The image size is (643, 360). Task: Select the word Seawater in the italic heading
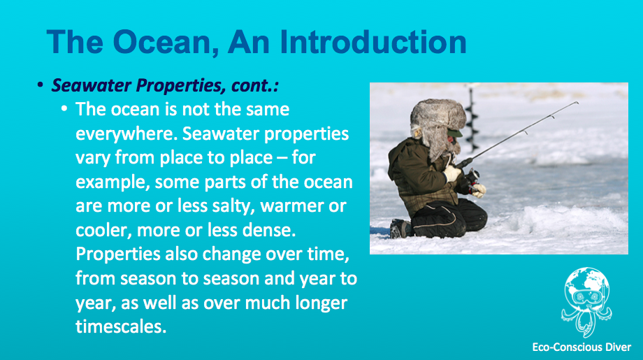tap(92, 85)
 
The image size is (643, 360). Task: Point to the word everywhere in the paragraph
tap(127, 134)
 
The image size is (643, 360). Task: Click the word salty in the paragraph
tap(233, 206)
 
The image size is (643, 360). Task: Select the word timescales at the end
tap(121, 326)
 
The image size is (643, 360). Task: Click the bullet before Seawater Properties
tap(40, 85)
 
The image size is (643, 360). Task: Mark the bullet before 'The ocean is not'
tap(64, 109)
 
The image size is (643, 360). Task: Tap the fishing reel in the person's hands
tap(472, 178)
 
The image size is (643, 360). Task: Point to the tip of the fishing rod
tap(577, 102)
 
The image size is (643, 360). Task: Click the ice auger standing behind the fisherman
tap(472, 119)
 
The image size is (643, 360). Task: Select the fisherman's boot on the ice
tap(400, 229)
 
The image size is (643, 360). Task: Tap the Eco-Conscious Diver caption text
tap(581, 347)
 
